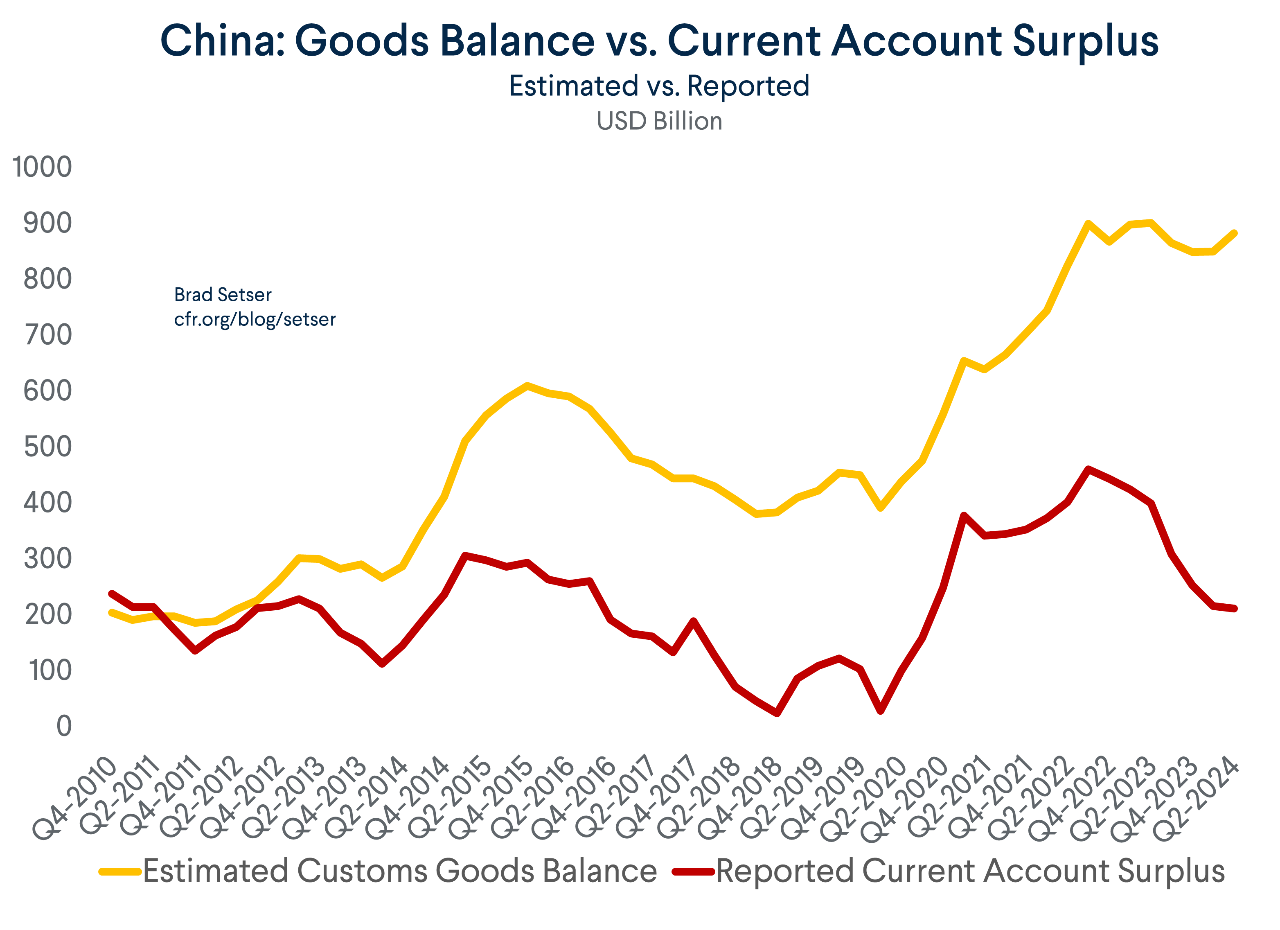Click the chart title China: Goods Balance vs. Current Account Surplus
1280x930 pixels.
659,41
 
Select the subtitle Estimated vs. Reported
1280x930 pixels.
659,86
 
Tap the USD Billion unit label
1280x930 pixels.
659,121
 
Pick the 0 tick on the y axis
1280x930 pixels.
64,726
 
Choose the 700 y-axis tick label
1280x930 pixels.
47,335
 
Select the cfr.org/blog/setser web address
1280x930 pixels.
255,320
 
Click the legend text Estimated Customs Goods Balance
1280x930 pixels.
399,871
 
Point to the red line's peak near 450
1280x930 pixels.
1088,469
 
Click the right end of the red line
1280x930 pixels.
1234,609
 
